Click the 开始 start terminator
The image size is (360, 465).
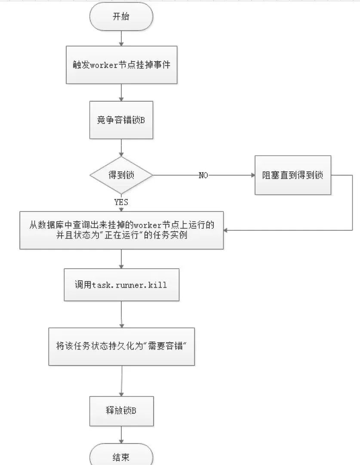pos(121,18)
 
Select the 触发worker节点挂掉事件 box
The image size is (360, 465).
pos(121,65)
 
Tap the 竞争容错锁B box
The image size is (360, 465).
pos(121,120)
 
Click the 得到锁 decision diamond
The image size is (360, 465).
pos(121,176)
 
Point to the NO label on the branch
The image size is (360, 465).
pos(203,176)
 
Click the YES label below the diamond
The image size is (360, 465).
pos(121,201)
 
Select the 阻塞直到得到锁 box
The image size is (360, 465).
pos(293,175)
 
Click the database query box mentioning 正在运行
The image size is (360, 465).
pos(121,230)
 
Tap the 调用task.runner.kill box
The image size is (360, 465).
pos(121,285)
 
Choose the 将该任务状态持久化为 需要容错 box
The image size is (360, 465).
pos(121,347)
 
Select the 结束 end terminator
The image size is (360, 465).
pos(121,456)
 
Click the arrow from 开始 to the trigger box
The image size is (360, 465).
pos(121,39)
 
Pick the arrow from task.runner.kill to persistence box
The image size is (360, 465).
pos(122,314)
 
